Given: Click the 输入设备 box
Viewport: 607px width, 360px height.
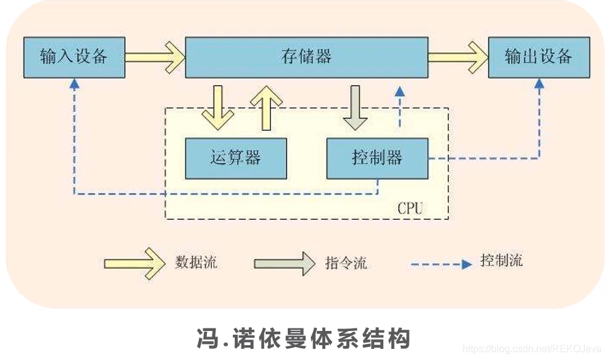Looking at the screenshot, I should tap(74, 57).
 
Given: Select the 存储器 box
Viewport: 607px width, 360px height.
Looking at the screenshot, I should tap(306, 57).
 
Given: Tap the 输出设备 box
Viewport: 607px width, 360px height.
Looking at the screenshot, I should tap(538, 57).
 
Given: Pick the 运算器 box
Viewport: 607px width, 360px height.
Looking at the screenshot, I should tap(236, 158).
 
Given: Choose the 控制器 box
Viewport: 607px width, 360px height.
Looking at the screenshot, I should tap(377, 158).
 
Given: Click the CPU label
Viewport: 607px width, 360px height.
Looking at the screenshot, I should tap(410, 208).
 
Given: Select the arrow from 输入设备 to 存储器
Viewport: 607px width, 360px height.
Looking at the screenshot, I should tap(154, 57).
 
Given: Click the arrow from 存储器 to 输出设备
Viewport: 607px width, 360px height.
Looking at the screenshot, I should tap(457, 57).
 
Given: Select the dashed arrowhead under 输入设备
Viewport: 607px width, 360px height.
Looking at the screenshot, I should tap(74, 83).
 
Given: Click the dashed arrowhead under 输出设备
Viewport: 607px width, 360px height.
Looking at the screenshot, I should tap(537, 83).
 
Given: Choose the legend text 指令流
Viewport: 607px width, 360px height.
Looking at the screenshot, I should tap(346, 262).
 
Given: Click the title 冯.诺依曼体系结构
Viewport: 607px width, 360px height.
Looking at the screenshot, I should tap(303, 338).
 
